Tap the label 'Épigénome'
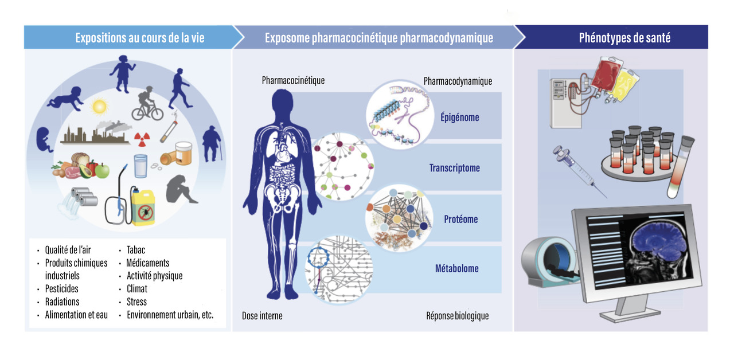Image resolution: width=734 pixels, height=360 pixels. tap(460, 118)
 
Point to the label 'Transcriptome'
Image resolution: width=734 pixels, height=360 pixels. tap(454, 168)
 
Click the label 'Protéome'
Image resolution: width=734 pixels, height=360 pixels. tap(460, 219)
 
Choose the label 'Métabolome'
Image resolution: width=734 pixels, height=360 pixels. tap(456, 268)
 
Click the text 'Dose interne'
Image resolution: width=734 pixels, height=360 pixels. tap(262, 315)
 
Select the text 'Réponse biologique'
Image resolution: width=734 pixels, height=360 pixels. tap(457, 315)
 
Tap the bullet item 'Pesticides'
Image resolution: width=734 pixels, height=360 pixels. tap(61, 288)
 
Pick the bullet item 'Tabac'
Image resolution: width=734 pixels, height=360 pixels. tap(136, 250)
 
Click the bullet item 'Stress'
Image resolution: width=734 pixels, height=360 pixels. tap(136, 302)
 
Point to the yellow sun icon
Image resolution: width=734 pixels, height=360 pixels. tap(100, 107)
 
